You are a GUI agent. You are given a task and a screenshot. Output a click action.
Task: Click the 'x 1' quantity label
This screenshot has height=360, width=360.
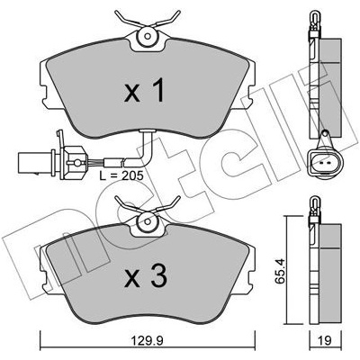tap(144, 90)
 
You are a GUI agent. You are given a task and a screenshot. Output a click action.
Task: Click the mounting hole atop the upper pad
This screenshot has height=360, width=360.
tap(148, 36)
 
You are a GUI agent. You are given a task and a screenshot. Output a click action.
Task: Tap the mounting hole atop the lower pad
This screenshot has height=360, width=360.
tap(148, 221)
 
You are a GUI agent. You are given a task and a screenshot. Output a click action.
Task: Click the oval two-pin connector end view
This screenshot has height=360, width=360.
tap(325, 164)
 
